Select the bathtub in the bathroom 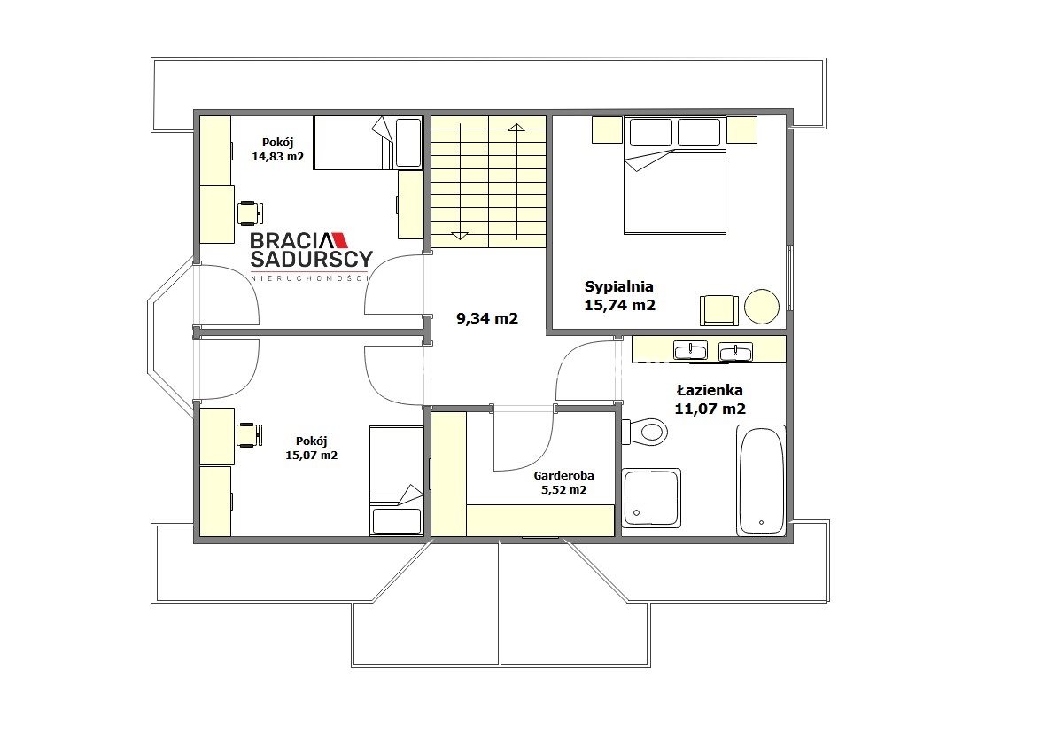coord(761,480)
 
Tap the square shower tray coord(651,498)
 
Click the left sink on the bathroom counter coord(690,350)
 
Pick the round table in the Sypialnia coord(762,307)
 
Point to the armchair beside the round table coord(719,310)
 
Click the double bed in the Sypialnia coord(674,175)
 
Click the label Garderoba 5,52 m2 coord(563,483)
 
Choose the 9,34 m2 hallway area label coord(487,318)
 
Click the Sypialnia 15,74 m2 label coord(619,296)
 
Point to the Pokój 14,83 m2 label coord(278,149)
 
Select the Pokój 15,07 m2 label coord(311,448)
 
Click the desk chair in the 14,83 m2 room coord(250,213)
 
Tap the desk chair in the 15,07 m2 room coord(250,434)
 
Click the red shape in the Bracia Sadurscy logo coord(338,239)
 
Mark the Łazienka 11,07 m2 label coord(710,400)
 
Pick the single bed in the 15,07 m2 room coord(397,481)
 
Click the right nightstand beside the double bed coord(741,130)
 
